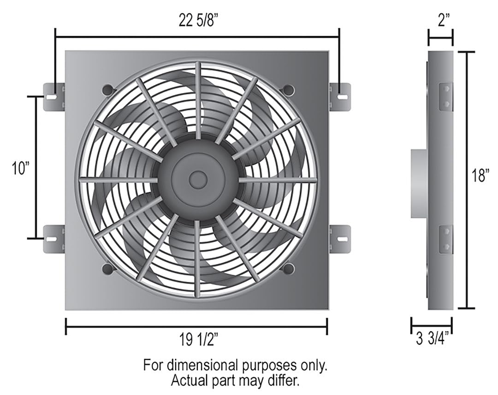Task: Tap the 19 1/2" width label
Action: [197, 341]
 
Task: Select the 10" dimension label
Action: [21, 169]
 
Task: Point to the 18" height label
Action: [480, 176]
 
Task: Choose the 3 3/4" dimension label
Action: [432, 341]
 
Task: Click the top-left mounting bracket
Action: [54, 97]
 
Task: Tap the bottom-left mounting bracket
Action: [54, 239]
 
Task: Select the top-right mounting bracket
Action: [340, 97]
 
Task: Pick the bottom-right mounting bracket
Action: [340, 239]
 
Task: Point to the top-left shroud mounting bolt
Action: [108, 89]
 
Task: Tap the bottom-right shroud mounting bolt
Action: [288, 268]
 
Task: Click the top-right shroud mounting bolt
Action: [288, 89]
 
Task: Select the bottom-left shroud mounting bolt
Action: [108, 268]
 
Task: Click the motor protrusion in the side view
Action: [419, 183]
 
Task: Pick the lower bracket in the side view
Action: [445, 239]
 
